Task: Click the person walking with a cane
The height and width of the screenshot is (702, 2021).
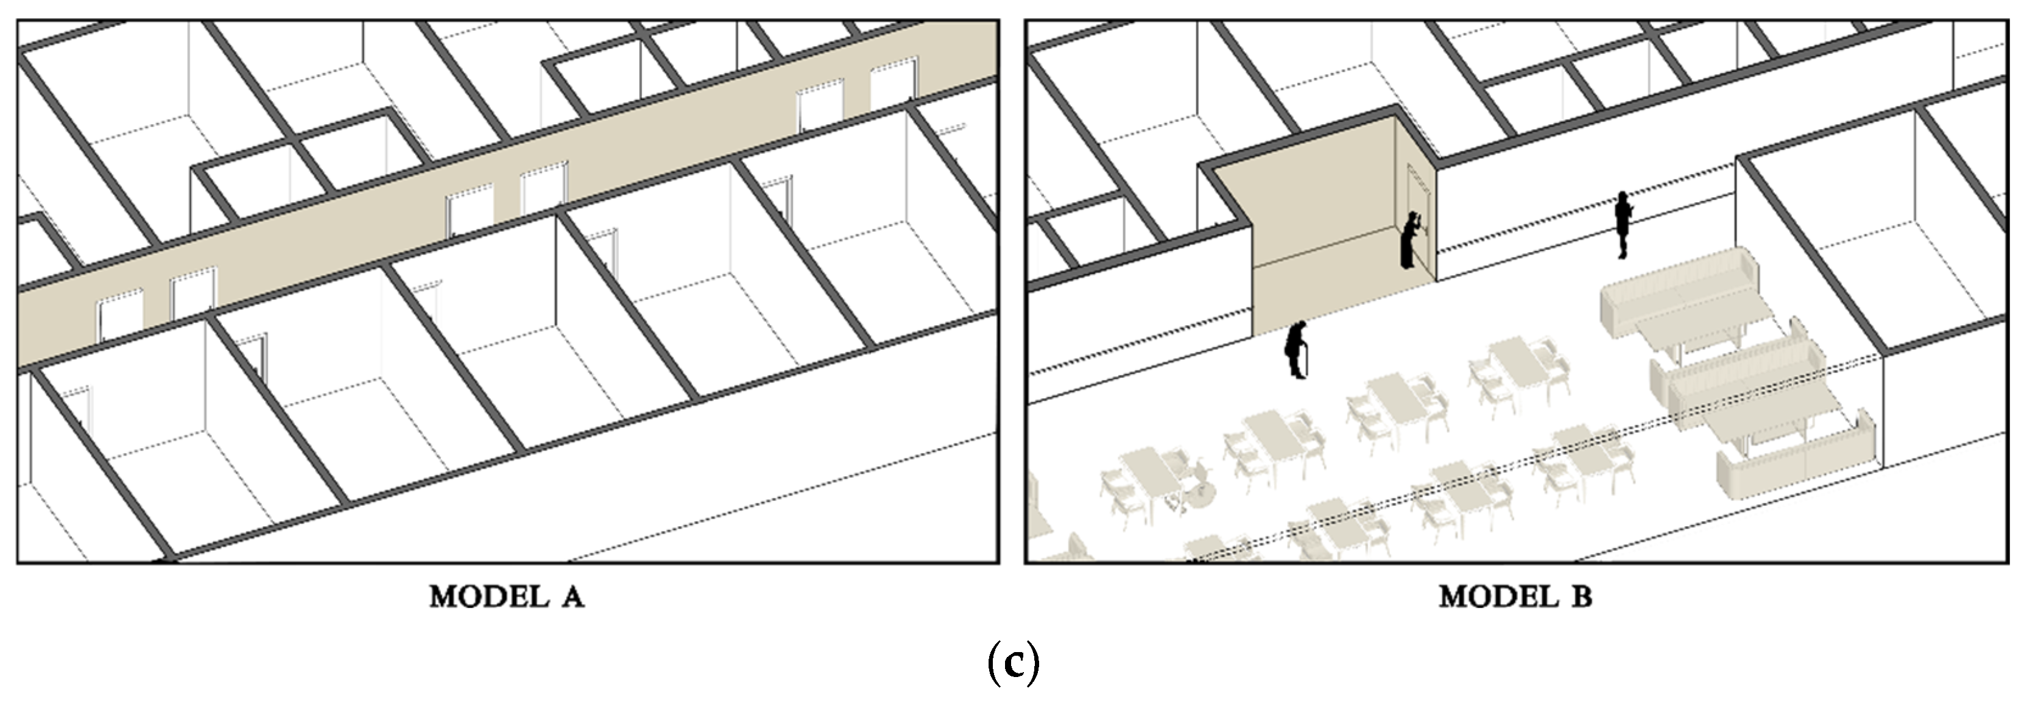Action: tap(1297, 350)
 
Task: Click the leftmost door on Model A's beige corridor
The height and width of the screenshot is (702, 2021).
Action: tap(119, 316)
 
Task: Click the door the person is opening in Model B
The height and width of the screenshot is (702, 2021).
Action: tap(1419, 218)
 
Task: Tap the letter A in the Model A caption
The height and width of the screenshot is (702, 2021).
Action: tap(572, 598)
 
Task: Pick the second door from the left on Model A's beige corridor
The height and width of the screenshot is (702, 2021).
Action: tap(193, 295)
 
